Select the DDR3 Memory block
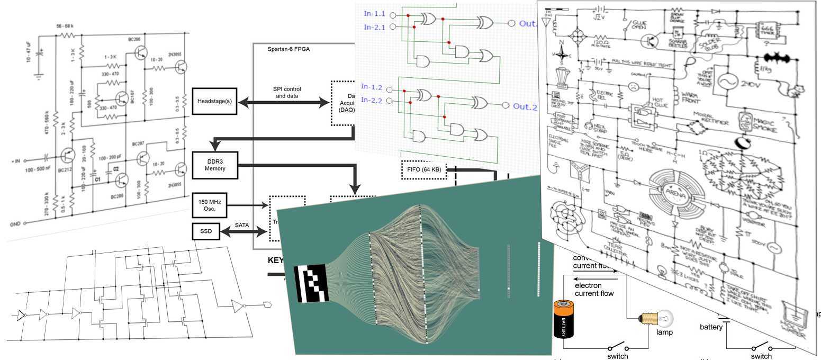215,164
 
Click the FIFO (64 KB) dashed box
424,170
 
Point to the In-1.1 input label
374,13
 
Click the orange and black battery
564,319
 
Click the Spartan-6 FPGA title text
288,49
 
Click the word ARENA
678,194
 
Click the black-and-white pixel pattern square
311,283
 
